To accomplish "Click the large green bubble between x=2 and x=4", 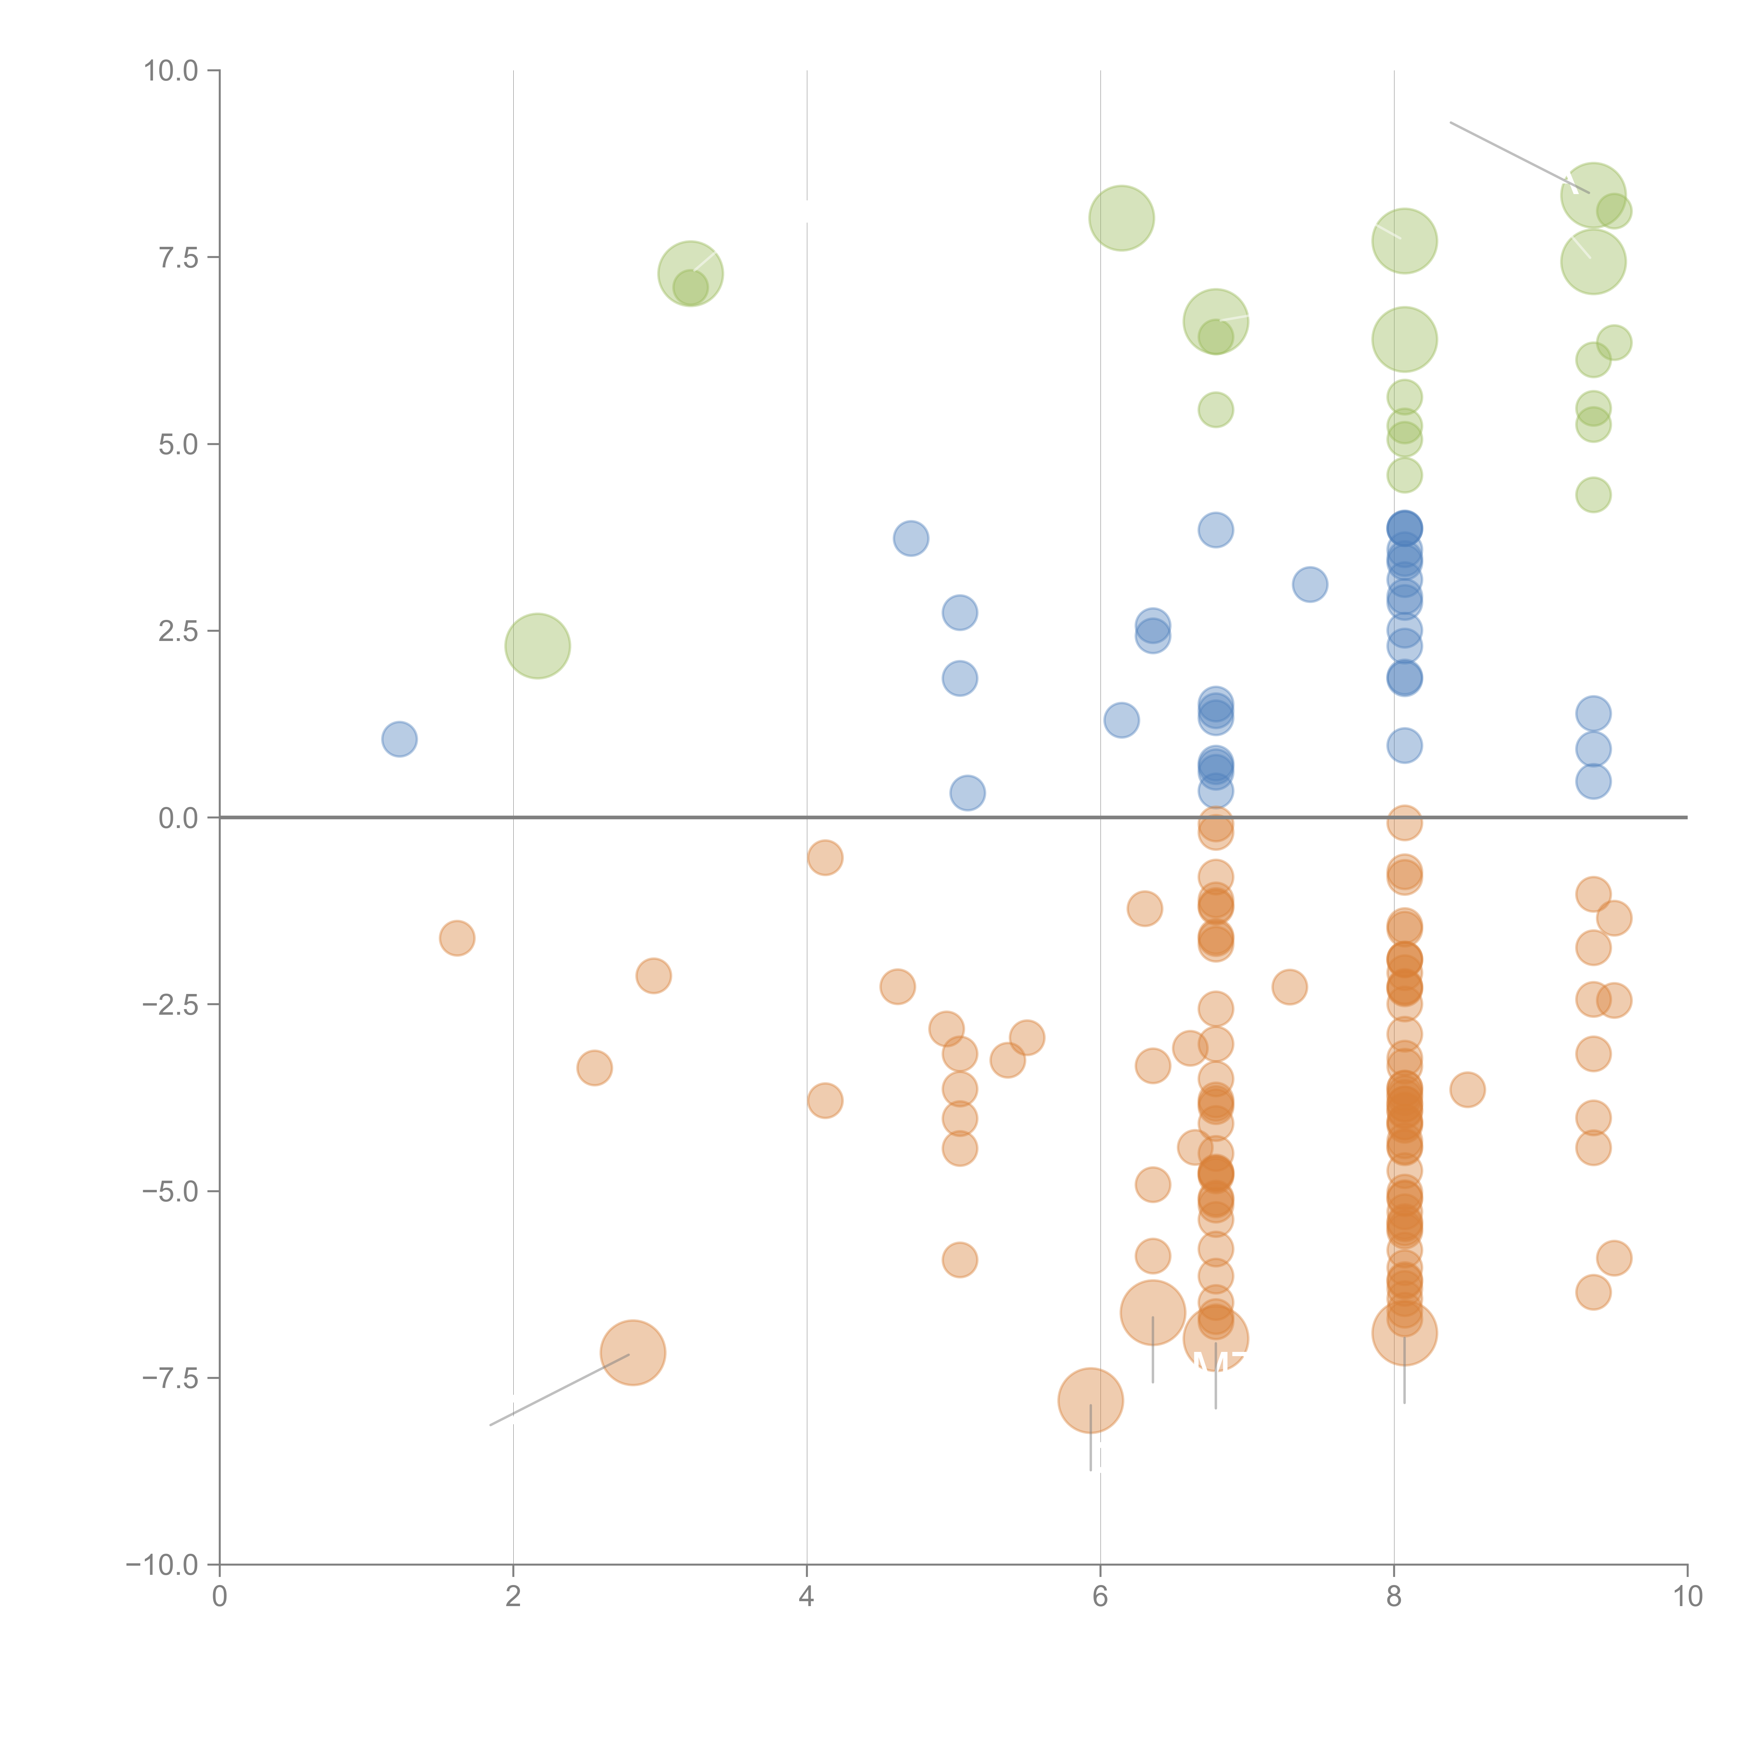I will pyautogui.click(x=691, y=274).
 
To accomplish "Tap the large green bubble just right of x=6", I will pyautogui.click(x=1121, y=218).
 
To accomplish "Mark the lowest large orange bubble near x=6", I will pyautogui.click(x=1090, y=1400).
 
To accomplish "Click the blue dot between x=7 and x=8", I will pyautogui.click(x=1309, y=584).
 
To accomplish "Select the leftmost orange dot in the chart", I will pyautogui.click(x=457, y=938).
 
